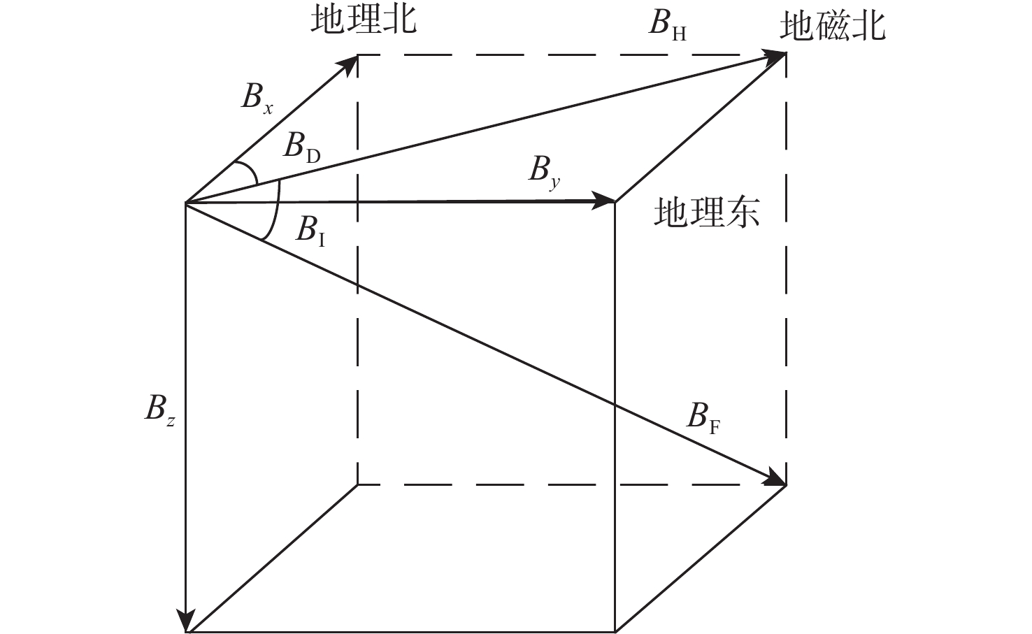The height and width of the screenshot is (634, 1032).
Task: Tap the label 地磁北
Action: click(x=833, y=27)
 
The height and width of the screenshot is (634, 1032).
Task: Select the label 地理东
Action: click(x=707, y=211)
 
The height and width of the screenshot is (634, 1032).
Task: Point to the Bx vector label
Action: click(x=257, y=99)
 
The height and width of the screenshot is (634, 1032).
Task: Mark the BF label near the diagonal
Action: click(x=703, y=419)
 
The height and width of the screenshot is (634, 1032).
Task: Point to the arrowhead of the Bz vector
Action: click(x=185, y=621)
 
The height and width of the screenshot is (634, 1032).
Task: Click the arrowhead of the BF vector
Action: click(x=775, y=480)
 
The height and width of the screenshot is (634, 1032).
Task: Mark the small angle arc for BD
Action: click(x=248, y=171)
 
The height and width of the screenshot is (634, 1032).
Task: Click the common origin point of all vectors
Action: click(x=185, y=203)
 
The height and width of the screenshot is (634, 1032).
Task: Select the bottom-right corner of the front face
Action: click(x=615, y=632)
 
